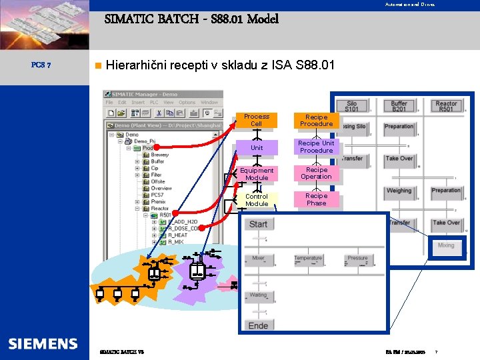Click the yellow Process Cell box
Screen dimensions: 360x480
tap(256, 120)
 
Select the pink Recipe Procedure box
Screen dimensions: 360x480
tap(316, 120)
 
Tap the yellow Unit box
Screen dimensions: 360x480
tap(256, 147)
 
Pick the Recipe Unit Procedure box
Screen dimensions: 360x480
tap(316, 147)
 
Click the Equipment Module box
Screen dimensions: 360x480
tap(257, 174)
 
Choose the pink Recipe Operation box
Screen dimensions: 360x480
tap(316, 173)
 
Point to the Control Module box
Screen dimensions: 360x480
tap(257, 200)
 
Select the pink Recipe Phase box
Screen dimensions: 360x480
tap(316, 199)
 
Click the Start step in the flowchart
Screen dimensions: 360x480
tap(258, 224)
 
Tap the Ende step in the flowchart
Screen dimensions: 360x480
tap(258, 325)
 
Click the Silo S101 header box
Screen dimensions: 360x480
tap(351, 106)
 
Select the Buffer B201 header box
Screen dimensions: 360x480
tap(399, 106)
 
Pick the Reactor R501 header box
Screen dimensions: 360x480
tap(446, 106)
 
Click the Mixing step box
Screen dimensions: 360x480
tap(446, 245)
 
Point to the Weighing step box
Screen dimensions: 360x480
tap(399, 191)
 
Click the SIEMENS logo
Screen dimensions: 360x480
tap(43, 344)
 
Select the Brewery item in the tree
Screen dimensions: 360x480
tap(160, 155)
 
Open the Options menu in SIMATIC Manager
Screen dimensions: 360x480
tap(187, 103)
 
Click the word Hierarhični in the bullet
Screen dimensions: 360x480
tap(137, 65)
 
